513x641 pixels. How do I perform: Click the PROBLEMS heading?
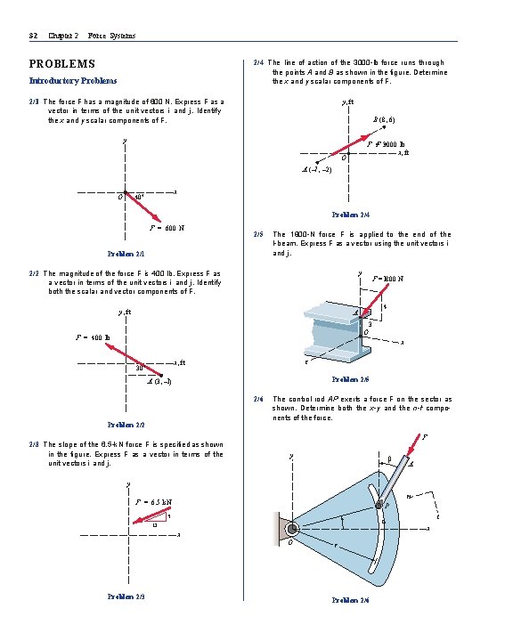(x=62, y=64)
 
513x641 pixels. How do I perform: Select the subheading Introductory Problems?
(x=73, y=81)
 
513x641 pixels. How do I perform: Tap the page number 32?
(x=33, y=36)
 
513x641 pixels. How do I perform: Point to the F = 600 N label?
(x=167, y=228)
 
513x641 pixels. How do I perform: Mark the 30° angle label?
(x=140, y=367)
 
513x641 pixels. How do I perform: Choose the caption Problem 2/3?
(x=125, y=595)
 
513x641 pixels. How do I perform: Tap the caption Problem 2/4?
(x=350, y=215)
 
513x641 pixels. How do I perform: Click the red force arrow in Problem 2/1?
(x=142, y=207)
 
